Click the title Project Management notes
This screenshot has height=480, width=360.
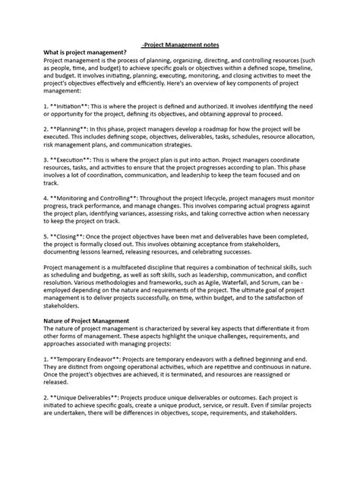[x=180, y=45]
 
